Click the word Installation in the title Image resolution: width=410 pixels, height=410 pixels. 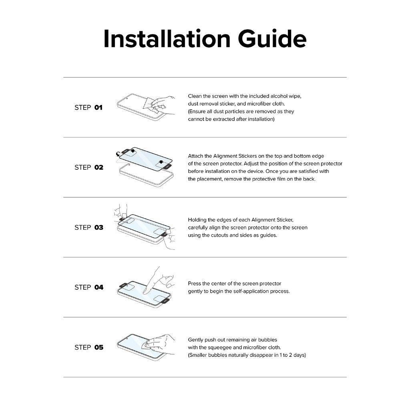(167, 39)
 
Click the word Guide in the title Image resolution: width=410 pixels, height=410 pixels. (272, 39)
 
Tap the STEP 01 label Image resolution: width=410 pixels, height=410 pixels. (88, 107)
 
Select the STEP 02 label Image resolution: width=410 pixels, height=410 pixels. (89, 167)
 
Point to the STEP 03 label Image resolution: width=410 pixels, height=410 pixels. (89, 227)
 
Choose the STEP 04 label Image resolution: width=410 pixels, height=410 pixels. (89, 287)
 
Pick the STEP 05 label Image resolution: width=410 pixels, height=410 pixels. (89, 347)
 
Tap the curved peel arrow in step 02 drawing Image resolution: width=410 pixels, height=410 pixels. (119, 154)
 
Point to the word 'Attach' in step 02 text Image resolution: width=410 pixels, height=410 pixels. (195, 156)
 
